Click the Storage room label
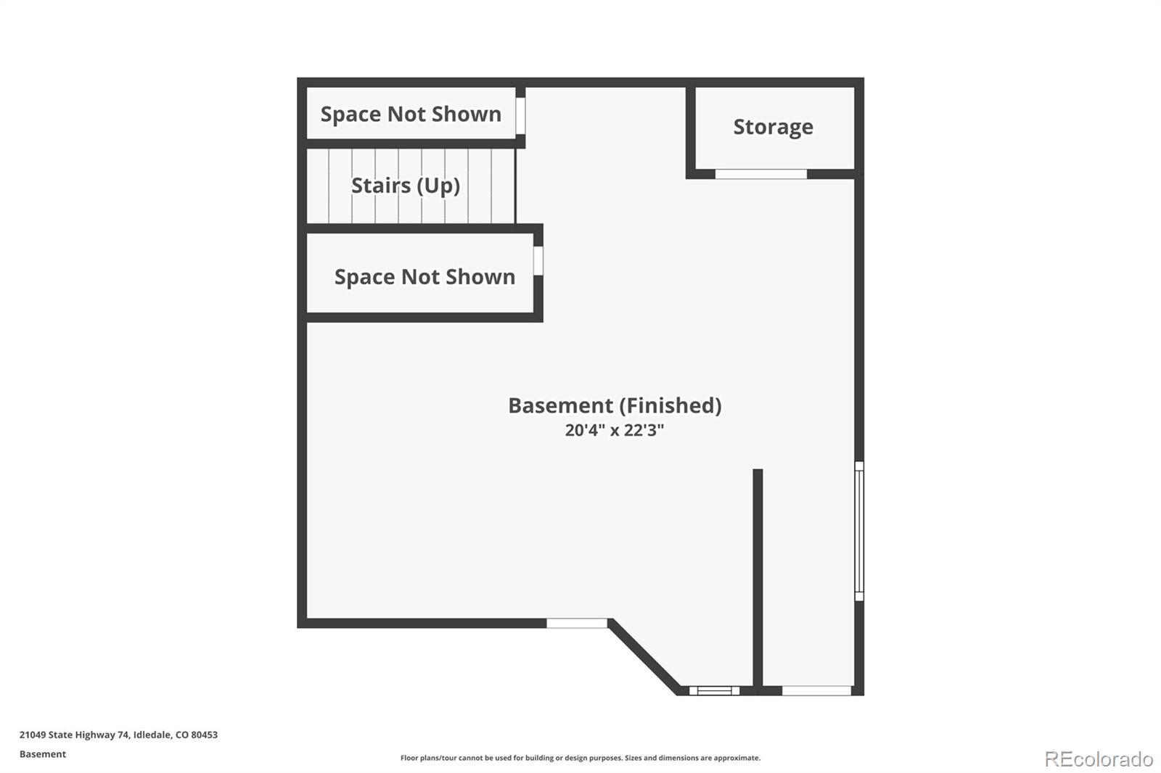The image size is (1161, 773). (773, 127)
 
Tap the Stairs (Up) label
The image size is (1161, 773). (406, 186)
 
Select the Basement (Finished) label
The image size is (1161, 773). (615, 405)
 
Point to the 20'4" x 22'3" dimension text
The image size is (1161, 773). (614, 430)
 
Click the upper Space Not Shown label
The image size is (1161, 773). (411, 114)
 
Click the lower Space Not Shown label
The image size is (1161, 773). (424, 277)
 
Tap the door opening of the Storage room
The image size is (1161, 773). (761, 174)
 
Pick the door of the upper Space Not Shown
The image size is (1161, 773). (520, 115)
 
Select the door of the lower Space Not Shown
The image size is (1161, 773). (538, 260)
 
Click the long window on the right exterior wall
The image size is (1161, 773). (859, 531)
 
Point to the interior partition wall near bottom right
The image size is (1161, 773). (758, 582)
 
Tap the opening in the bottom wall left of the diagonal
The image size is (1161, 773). (577, 624)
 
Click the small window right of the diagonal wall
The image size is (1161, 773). (714, 690)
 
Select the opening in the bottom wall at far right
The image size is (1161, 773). (816, 690)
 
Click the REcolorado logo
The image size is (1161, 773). (1099, 759)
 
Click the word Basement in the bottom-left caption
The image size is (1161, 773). (43, 754)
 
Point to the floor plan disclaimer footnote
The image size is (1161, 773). (580, 758)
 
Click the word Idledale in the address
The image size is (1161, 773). (152, 735)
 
